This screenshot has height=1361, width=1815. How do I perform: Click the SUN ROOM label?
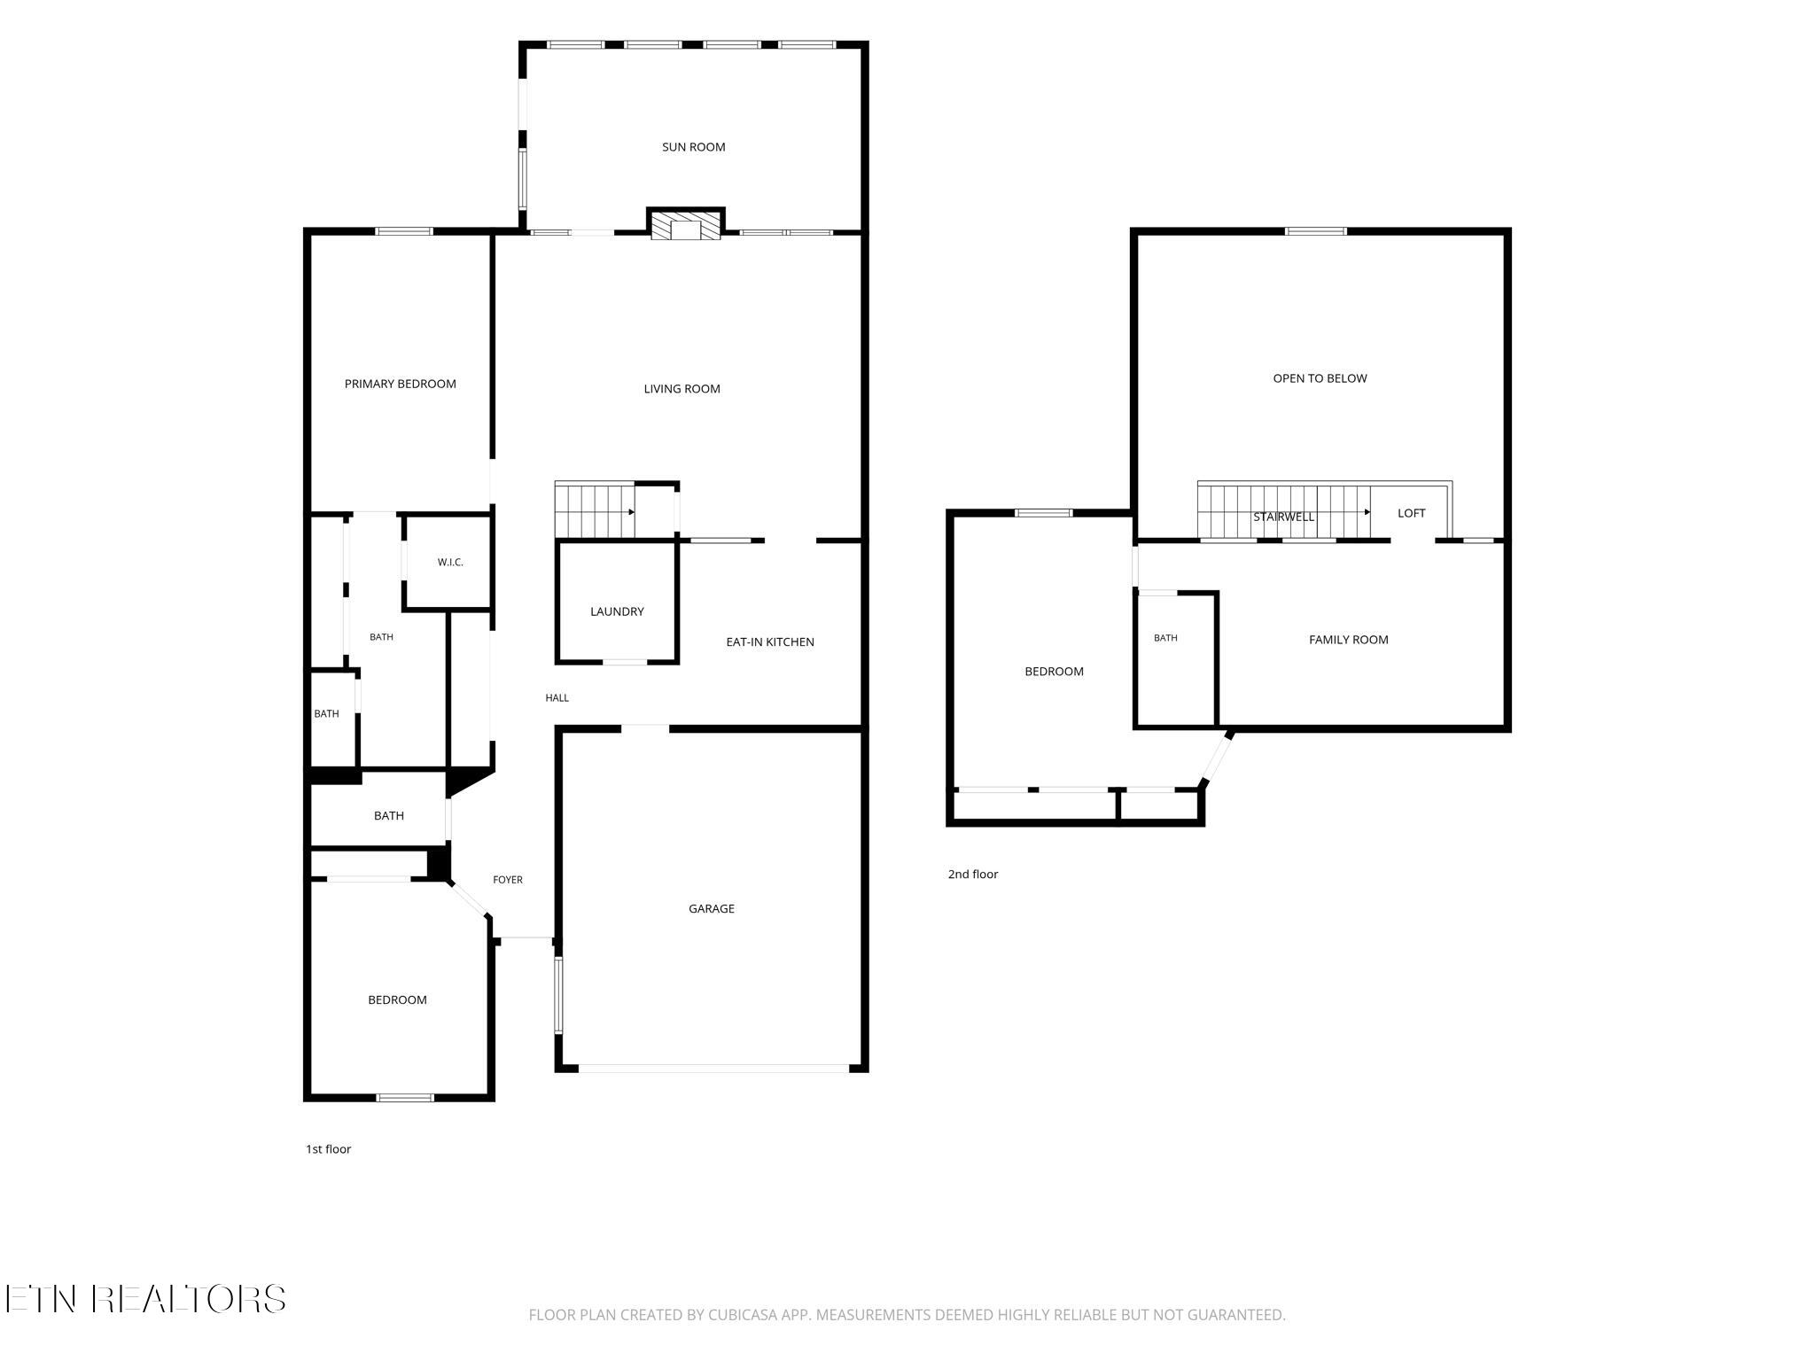(693, 147)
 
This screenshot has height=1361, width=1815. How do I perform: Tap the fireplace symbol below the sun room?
(686, 224)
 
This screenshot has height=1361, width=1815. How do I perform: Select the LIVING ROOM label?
(682, 389)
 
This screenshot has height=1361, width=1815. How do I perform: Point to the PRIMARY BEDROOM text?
(400, 384)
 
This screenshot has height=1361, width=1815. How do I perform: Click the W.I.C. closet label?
(450, 563)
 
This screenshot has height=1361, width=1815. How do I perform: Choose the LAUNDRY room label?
(617, 611)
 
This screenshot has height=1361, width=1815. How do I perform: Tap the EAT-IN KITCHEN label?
(769, 642)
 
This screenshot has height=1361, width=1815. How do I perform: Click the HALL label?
(557, 698)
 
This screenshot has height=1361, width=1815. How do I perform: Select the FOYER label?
(508, 880)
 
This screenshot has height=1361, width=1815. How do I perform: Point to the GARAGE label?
(711, 908)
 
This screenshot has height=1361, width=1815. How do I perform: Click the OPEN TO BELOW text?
(1320, 378)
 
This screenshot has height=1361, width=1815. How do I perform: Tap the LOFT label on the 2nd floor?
(1411, 513)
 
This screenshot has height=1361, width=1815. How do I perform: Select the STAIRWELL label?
(1283, 517)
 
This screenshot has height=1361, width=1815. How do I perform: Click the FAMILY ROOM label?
(1348, 640)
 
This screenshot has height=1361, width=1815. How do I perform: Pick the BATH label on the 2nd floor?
(1165, 638)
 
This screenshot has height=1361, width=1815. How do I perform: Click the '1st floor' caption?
(328, 1149)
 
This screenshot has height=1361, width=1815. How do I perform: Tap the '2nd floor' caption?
(972, 875)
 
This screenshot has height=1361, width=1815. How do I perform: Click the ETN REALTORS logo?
(145, 1299)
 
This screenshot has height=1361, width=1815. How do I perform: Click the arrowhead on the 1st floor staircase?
(631, 511)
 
